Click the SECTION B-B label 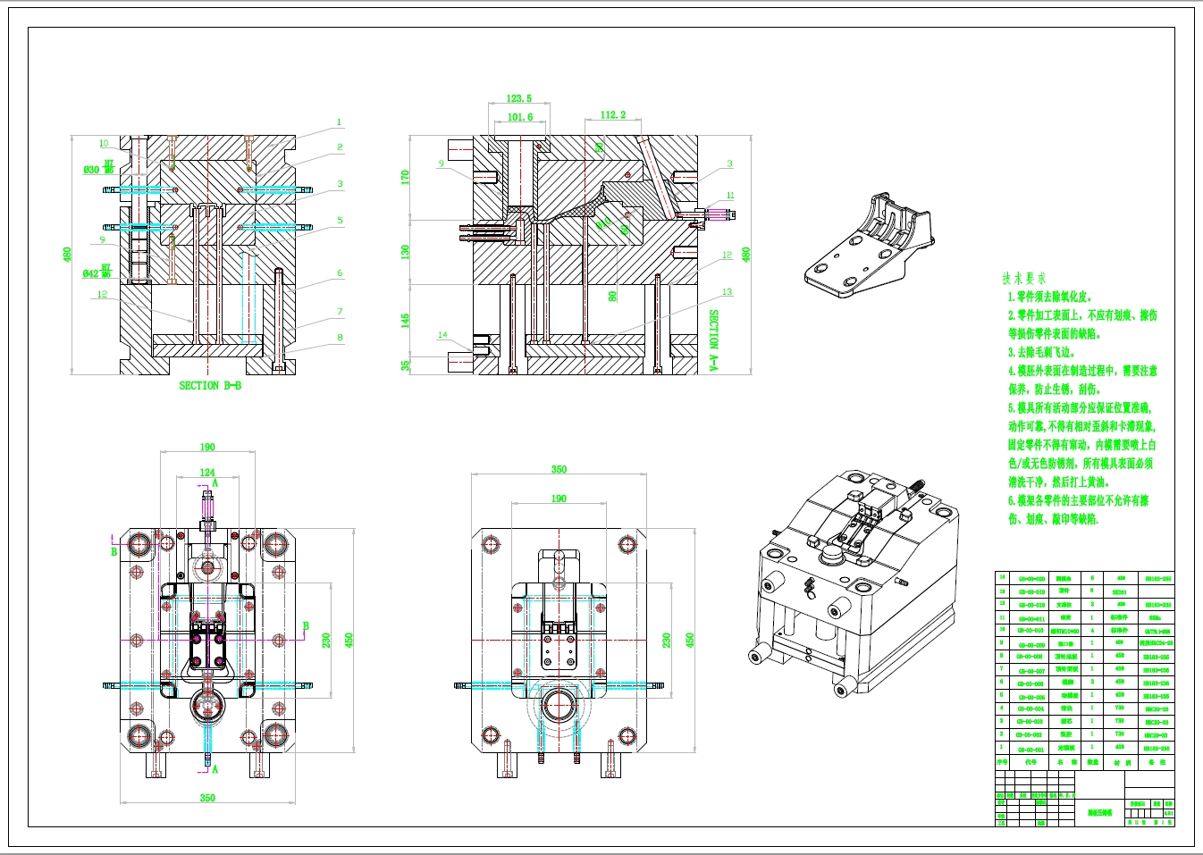tap(210, 386)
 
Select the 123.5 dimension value tap(518, 99)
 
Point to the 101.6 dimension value tap(519, 117)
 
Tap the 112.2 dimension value tap(613, 115)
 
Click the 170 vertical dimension tap(405, 177)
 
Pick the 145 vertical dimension tap(405, 319)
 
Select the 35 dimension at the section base tap(405, 365)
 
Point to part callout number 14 tap(442, 335)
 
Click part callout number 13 tap(727, 292)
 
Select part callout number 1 tap(339, 122)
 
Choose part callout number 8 tap(340, 338)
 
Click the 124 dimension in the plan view tap(207, 473)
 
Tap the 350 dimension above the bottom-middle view tap(559, 469)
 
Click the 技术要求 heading tap(1023, 279)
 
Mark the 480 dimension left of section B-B tap(67, 255)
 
